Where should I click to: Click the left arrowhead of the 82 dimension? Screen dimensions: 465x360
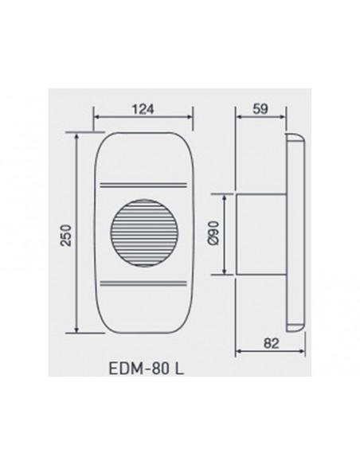237,354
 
